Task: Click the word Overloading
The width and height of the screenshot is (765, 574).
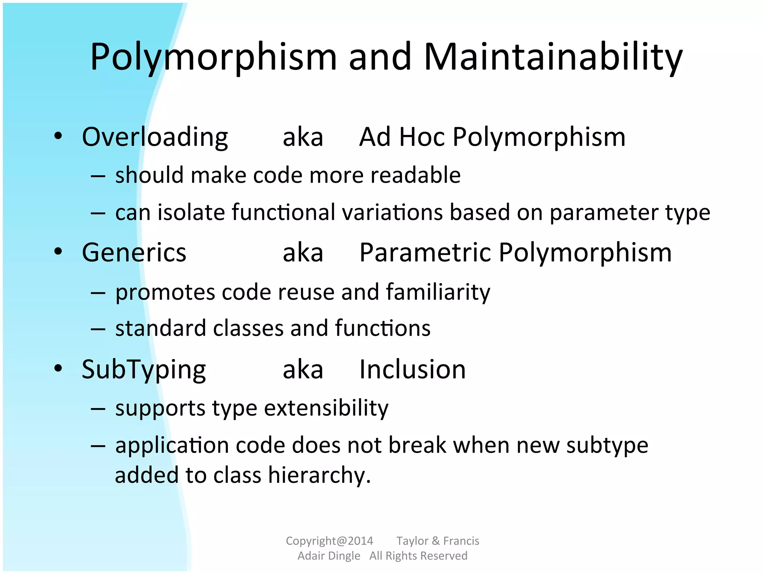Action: pyautogui.click(x=155, y=137)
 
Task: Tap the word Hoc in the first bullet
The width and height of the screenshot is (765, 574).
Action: pyautogui.click(x=422, y=137)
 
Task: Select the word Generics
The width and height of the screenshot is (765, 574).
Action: pyautogui.click(x=134, y=253)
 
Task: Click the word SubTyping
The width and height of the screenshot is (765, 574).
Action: pyautogui.click(x=143, y=370)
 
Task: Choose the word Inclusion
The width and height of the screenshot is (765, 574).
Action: pyautogui.click(x=412, y=370)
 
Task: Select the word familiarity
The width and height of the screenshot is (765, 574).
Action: pyautogui.click(x=438, y=292)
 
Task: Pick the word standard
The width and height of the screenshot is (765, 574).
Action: pyautogui.click(x=161, y=328)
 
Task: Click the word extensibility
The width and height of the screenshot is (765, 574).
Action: pyautogui.click(x=326, y=408)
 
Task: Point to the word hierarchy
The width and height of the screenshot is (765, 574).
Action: pyautogui.click(x=319, y=475)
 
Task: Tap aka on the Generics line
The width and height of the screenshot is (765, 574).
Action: pyautogui.click(x=303, y=253)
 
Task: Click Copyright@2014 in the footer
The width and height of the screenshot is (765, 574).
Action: pyautogui.click(x=329, y=541)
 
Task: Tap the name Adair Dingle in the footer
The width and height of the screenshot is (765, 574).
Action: pyautogui.click(x=329, y=556)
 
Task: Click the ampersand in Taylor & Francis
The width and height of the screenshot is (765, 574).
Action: pyautogui.click(x=436, y=541)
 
